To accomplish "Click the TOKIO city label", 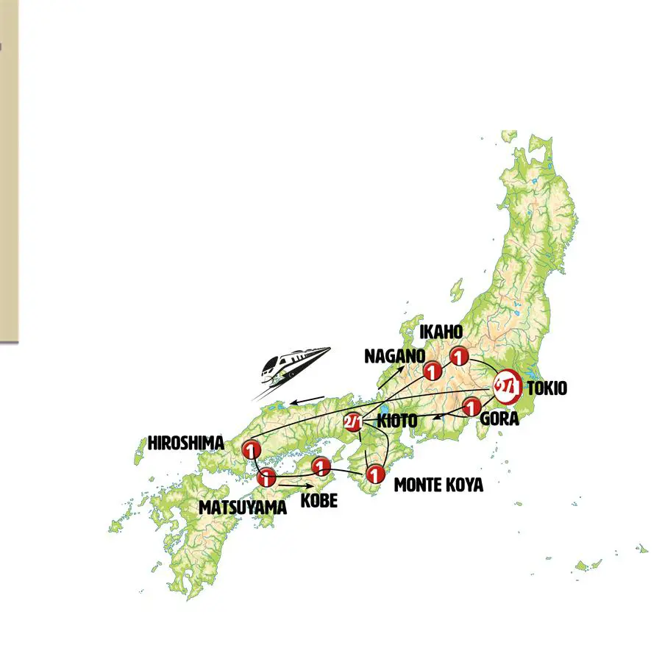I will (547, 388).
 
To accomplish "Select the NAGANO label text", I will (394, 356).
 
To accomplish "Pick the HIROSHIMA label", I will (185, 444).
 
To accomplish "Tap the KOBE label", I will (318, 500).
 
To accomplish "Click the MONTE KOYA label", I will (438, 485).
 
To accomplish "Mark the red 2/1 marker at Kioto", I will (352, 423).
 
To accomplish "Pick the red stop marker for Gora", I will (471, 406).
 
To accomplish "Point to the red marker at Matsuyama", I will (266, 478).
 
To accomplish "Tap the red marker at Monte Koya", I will (375, 473).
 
